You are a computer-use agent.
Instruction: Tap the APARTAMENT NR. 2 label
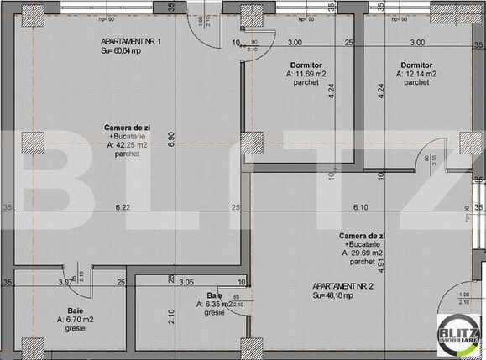[342, 285]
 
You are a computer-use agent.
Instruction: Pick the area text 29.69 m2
[363, 252]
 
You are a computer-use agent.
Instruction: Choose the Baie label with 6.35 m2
[213, 304]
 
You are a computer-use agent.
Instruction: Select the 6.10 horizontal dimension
[360, 207]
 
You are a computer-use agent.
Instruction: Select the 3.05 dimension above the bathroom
[186, 283]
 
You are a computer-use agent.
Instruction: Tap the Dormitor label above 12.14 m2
[416, 65]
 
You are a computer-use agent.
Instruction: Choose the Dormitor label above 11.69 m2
[306, 65]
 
